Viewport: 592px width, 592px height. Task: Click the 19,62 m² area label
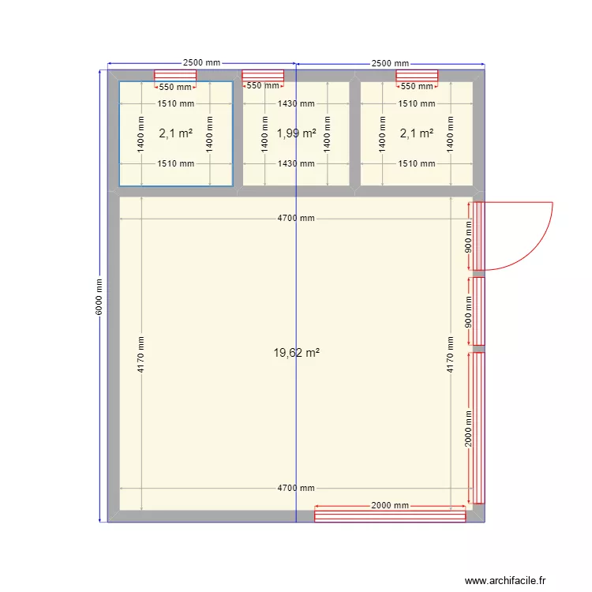click(x=296, y=354)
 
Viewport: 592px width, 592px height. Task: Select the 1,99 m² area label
click(x=296, y=133)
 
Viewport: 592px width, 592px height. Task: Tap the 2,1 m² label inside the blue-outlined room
click(x=175, y=133)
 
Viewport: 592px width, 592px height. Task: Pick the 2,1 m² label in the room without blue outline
click(x=416, y=133)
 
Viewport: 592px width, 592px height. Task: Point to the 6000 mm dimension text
click(x=99, y=297)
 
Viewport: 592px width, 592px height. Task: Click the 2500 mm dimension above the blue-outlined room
click(x=202, y=63)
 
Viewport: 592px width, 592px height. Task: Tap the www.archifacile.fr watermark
click(x=504, y=580)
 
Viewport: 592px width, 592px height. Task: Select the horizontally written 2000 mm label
click(x=390, y=505)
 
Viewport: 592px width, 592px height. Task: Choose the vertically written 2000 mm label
click(x=468, y=428)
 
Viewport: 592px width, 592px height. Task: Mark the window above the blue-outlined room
click(x=174, y=75)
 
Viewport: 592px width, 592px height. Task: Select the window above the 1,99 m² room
click(x=263, y=75)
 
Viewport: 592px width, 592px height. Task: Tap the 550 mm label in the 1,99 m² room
click(x=263, y=87)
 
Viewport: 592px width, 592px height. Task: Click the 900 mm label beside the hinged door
click(x=468, y=236)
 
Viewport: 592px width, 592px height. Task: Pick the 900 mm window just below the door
click(x=478, y=311)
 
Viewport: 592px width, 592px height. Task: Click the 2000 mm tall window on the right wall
click(x=478, y=428)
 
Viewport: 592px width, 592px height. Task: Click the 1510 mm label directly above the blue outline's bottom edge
click(x=175, y=164)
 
